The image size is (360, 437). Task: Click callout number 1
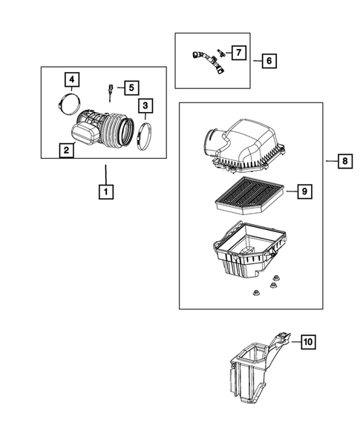pyautogui.click(x=106, y=193)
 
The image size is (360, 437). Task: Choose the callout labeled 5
pyautogui.click(x=130, y=88)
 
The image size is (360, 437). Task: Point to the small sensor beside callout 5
pyautogui.click(x=110, y=93)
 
